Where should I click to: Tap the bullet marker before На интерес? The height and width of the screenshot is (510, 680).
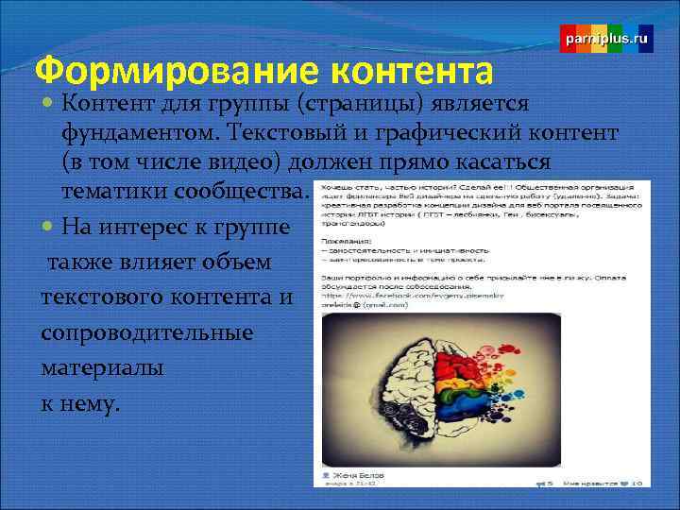click(48, 226)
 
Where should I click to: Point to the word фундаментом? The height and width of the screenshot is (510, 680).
click(131, 133)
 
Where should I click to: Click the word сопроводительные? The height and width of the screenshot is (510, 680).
click(146, 333)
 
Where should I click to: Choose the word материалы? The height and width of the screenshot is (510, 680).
click(103, 368)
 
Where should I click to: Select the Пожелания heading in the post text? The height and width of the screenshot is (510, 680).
click(342, 241)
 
